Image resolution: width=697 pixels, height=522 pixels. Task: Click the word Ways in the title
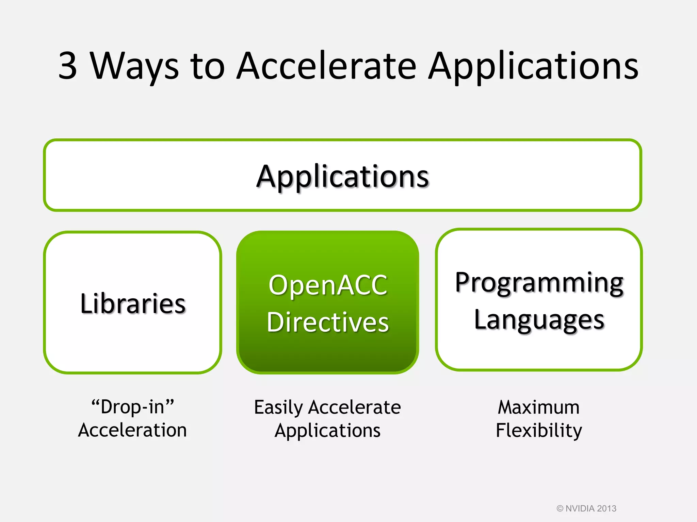[x=134, y=66]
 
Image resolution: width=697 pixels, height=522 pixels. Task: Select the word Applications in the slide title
[x=533, y=66]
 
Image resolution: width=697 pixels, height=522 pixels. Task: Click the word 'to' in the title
[x=208, y=66]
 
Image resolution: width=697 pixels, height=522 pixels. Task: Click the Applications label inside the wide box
[x=342, y=177]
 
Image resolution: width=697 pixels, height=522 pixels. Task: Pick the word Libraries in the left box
[x=133, y=303]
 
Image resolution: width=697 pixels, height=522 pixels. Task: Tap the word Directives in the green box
[x=328, y=322]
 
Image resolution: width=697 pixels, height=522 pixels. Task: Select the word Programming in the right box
[x=539, y=283]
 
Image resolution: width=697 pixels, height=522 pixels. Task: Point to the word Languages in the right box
[x=539, y=320]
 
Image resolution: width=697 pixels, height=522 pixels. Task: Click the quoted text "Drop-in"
[x=133, y=407]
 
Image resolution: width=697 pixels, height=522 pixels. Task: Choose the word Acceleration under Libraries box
[x=132, y=430]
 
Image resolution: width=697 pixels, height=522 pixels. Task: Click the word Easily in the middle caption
[x=278, y=407]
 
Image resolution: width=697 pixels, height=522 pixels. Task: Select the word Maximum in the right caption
[x=539, y=407]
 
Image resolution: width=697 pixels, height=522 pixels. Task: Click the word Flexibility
[x=539, y=431]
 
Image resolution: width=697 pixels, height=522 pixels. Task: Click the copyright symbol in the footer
[x=560, y=508]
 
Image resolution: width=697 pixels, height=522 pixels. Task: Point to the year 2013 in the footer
[x=606, y=508]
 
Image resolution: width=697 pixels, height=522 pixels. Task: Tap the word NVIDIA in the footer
[x=580, y=508]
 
